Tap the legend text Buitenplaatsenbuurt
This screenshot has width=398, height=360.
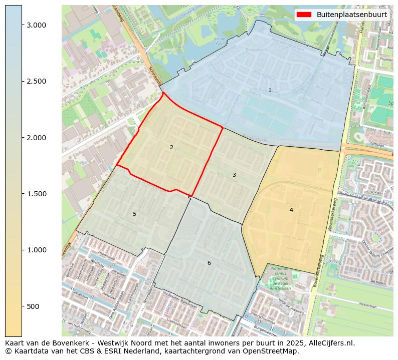[x=351, y=15]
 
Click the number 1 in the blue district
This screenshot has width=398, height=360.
[x=270, y=91]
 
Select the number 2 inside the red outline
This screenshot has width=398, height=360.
[x=171, y=147]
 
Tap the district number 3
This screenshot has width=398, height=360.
[x=234, y=175]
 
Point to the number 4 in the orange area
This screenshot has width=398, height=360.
[x=291, y=210]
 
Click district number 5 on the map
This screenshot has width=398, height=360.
[x=134, y=214]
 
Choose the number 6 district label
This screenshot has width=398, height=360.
[x=209, y=263]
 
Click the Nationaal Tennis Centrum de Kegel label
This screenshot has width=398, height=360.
[x=280, y=278]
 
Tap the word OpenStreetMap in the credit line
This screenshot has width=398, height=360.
[x=273, y=351]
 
